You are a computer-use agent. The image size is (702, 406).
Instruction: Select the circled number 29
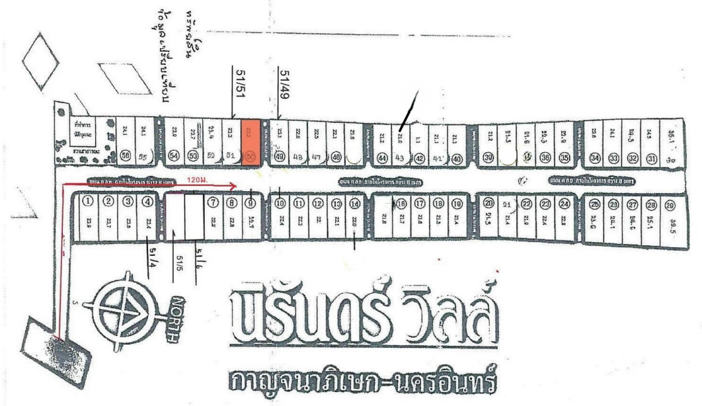[669, 204]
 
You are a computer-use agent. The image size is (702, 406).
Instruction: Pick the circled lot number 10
[280, 202]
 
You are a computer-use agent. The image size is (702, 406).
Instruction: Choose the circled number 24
[564, 204]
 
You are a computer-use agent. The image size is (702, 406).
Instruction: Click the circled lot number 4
[147, 202]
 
